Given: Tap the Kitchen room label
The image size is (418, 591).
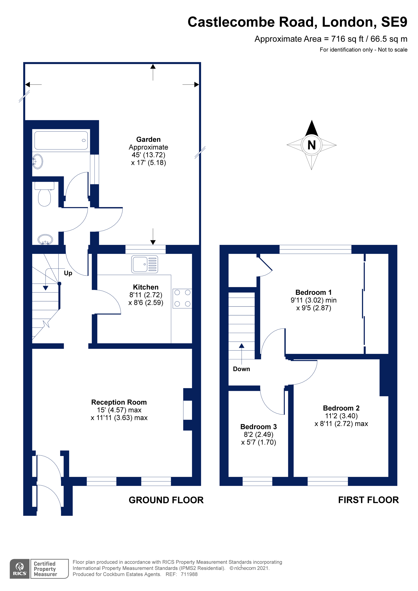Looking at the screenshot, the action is (x=145, y=287).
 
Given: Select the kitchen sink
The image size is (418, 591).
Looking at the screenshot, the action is (x=144, y=264).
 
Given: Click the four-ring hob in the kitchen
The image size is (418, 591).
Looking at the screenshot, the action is (x=182, y=298).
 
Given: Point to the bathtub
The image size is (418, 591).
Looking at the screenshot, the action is (x=61, y=140).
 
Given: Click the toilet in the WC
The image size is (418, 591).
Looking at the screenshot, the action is (x=44, y=194).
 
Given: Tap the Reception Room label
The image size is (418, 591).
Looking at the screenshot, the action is (x=119, y=402).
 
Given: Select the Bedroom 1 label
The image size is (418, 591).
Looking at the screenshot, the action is (x=313, y=292).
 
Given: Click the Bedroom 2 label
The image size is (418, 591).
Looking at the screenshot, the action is (x=341, y=408).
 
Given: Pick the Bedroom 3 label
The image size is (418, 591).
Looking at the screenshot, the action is (x=259, y=427).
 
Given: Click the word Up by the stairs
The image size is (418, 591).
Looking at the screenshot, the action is (x=68, y=273).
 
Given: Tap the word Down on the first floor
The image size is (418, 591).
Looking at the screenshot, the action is (x=241, y=369).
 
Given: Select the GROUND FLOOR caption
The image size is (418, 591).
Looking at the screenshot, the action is (x=166, y=500).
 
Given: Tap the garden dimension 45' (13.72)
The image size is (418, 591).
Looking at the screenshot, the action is (x=148, y=155).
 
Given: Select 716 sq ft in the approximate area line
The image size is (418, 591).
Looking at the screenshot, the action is (x=347, y=39).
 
